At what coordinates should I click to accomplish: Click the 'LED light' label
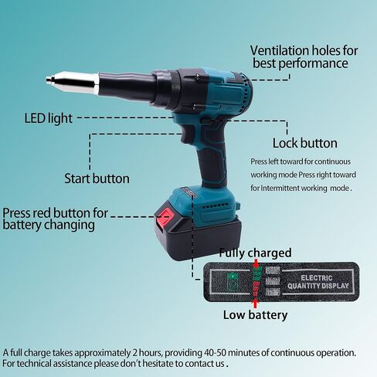tap(50, 119)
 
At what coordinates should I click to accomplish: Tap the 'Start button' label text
tap(97, 178)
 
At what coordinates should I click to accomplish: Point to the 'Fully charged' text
tap(255, 253)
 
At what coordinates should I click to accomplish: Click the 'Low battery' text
tap(255, 314)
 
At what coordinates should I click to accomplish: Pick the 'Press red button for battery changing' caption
tap(55, 219)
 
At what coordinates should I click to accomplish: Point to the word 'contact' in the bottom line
tap(189, 362)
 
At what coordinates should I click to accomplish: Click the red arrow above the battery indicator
tap(255, 263)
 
